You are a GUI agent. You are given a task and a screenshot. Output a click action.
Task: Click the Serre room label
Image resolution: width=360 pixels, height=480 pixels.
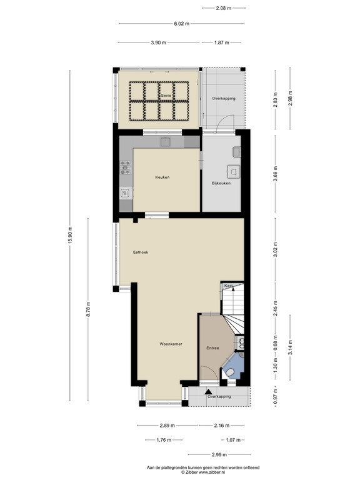(x=166, y=95)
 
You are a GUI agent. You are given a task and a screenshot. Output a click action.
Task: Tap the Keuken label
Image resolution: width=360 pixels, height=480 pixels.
(x=162, y=177)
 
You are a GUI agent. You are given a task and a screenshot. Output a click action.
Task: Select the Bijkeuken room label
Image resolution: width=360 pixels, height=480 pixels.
(x=221, y=184)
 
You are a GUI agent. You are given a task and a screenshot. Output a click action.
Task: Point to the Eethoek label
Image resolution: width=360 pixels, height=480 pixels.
(x=141, y=252)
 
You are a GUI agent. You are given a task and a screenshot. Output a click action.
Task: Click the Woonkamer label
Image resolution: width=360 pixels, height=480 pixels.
(x=171, y=344)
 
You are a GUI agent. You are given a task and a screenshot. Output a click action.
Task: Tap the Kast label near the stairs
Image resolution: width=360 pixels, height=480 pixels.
(x=229, y=286)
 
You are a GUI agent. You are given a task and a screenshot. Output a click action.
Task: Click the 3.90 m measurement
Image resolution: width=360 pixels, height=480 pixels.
(x=159, y=42)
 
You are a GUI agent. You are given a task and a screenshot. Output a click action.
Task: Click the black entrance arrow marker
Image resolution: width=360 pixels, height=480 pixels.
(x=208, y=391)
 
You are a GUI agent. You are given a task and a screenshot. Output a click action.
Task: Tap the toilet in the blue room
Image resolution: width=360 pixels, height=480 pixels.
(x=230, y=372)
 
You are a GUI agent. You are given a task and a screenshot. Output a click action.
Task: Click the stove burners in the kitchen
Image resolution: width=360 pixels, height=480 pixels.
(x=125, y=167)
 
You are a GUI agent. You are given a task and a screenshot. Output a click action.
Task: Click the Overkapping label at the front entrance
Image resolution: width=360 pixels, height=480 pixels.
(x=219, y=397)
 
